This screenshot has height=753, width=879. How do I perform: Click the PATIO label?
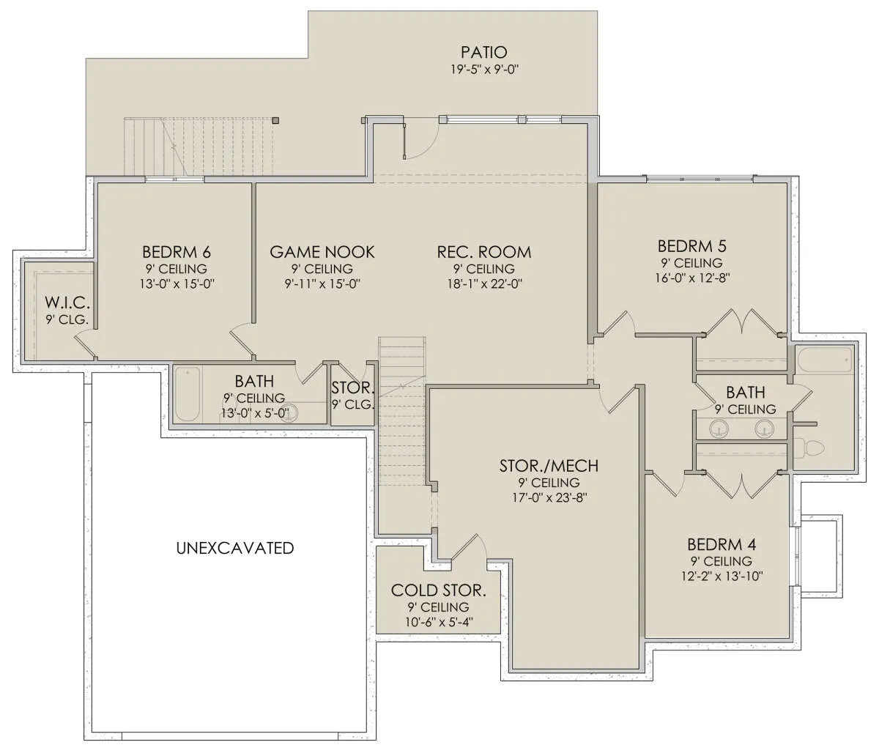(x=484, y=52)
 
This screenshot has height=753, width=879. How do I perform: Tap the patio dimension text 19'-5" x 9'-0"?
(x=485, y=69)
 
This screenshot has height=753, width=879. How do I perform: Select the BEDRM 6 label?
(x=177, y=252)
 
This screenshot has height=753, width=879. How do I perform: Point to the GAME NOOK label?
(x=322, y=252)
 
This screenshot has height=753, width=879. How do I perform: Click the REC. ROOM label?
(x=484, y=252)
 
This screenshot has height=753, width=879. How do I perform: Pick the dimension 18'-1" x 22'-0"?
(x=484, y=283)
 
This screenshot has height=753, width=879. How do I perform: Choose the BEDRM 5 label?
(x=692, y=246)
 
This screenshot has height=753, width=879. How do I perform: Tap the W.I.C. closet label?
(x=67, y=303)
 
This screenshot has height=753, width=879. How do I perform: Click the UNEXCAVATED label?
(x=234, y=548)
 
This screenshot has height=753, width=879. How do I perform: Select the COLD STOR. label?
(x=439, y=590)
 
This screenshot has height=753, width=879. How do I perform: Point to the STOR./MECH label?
(x=549, y=466)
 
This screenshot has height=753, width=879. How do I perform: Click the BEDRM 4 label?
(x=722, y=545)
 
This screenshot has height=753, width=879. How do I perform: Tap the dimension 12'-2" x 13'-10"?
(x=722, y=576)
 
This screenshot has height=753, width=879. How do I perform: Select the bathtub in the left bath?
(x=187, y=394)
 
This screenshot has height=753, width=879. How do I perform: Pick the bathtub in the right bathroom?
(x=825, y=360)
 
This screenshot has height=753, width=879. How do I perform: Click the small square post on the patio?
(x=275, y=120)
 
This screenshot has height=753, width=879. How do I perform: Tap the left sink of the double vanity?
(x=717, y=429)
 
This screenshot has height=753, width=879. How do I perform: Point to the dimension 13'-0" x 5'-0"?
(x=255, y=412)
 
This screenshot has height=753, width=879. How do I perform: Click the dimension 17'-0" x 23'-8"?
(x=549, y=497)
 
